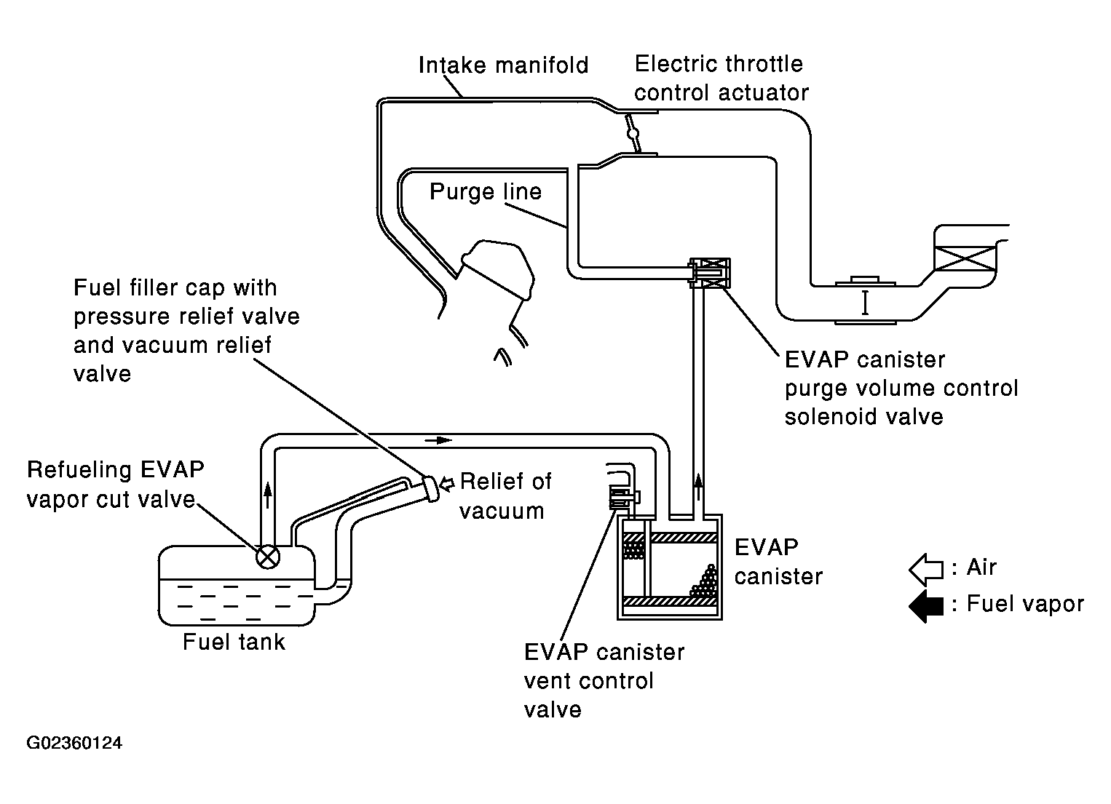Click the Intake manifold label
(x=503, y=65)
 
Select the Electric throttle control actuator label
(x=721, y=79)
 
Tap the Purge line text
(x=486, y=192)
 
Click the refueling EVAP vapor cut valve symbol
(x=268, y=557)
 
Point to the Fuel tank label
(x=234, y=642)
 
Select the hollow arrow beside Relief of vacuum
(x=447, y=484)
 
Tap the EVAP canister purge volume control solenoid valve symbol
(x=709, y=273)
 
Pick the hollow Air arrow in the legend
(x=926, y=569)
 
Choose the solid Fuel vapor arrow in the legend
(x=926, y=605)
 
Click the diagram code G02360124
(x=74, y=743)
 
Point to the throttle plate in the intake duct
(x=633, y=133)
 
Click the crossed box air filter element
(x=965, y=258)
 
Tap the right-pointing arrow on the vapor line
(x=438, y=440)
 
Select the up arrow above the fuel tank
(x=268, y=494)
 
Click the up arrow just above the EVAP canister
(x=698, y=487)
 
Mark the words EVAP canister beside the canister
(x=778, y=562)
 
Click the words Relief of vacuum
(x=505, y=495)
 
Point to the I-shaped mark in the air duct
(x=865, y=303)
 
